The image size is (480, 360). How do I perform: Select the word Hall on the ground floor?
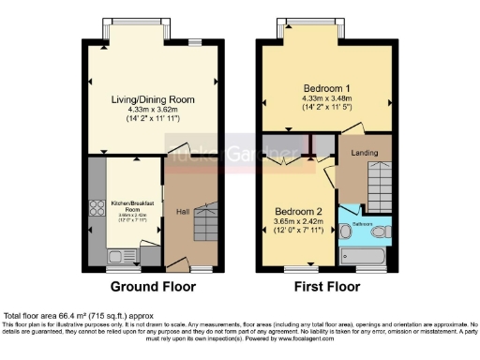click(182, 212)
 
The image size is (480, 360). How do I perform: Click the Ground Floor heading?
click(146, 286)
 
